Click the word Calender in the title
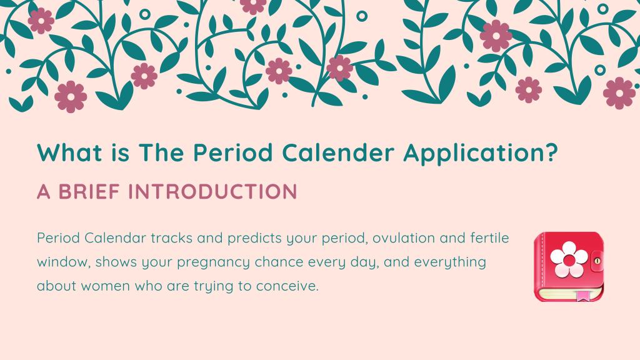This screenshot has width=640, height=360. tap(338, 152)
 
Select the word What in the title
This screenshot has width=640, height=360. tap(70, 152)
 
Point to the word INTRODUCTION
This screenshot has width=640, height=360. tap(212, 191)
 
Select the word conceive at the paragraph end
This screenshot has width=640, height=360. tap(287, 286)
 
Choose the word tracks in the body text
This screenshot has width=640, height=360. tap(171, 238)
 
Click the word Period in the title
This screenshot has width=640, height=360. tap(232, 152)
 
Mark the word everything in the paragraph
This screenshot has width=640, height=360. tap(450, 262)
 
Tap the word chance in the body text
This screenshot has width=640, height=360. tap(279, 262)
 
